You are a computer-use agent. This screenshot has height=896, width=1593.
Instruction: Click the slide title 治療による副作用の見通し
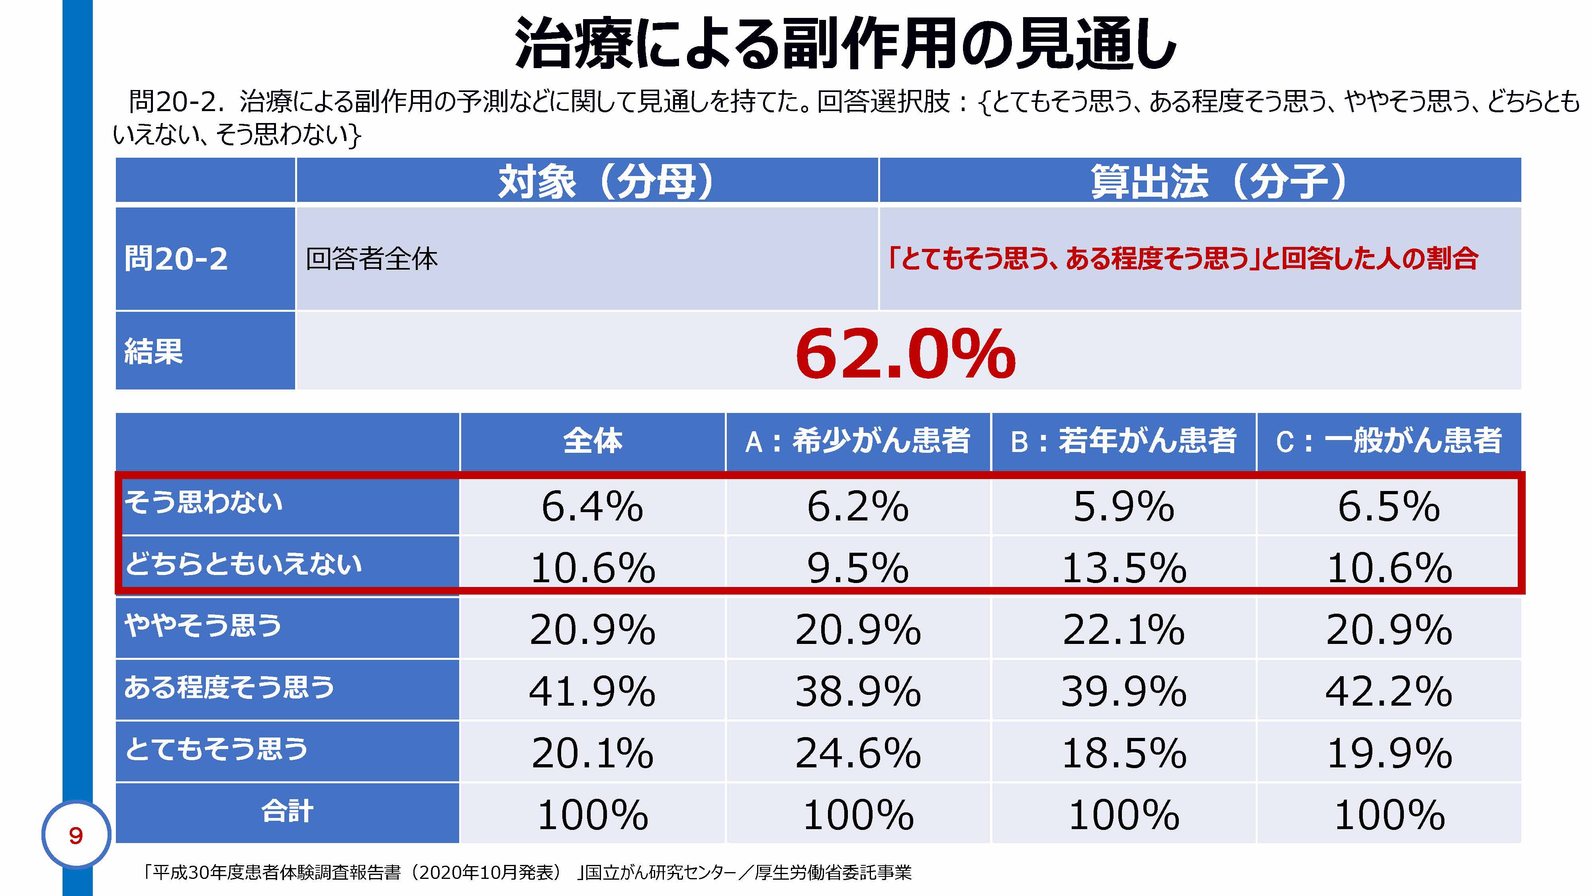[844, 43]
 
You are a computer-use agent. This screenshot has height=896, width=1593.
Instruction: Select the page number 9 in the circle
[75, 835]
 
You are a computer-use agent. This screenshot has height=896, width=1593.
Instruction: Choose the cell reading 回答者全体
[372, 258]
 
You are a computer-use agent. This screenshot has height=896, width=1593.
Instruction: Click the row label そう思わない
[204, 502]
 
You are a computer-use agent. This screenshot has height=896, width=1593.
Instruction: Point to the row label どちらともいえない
[243, 564]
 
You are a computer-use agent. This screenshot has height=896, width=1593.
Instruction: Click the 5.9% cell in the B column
[1123, 507]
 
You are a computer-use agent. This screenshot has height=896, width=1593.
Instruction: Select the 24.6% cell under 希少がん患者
[858, 753]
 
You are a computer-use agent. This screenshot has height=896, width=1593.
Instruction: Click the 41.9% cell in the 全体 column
[593, 691]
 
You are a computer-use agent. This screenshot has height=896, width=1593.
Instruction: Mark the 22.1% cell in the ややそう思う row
[1123, 630]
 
